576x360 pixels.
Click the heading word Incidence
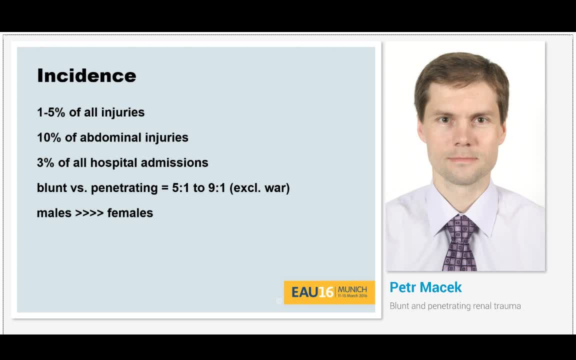coord(86,75)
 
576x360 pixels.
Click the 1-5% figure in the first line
coord(51,112)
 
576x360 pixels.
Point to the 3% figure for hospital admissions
coord(45,162)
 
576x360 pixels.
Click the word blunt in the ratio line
coord(51,187)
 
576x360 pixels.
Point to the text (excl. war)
coord(259,188)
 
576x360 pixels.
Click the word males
coord(54,213)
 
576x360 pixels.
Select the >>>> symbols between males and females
coord(89,213)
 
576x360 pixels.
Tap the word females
coord(130,212)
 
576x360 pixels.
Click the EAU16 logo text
coord(312,292)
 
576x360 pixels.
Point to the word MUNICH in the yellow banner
coord(352,289)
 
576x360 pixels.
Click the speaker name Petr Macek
coord(425,287)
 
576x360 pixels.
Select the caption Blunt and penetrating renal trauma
coord(455,306)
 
